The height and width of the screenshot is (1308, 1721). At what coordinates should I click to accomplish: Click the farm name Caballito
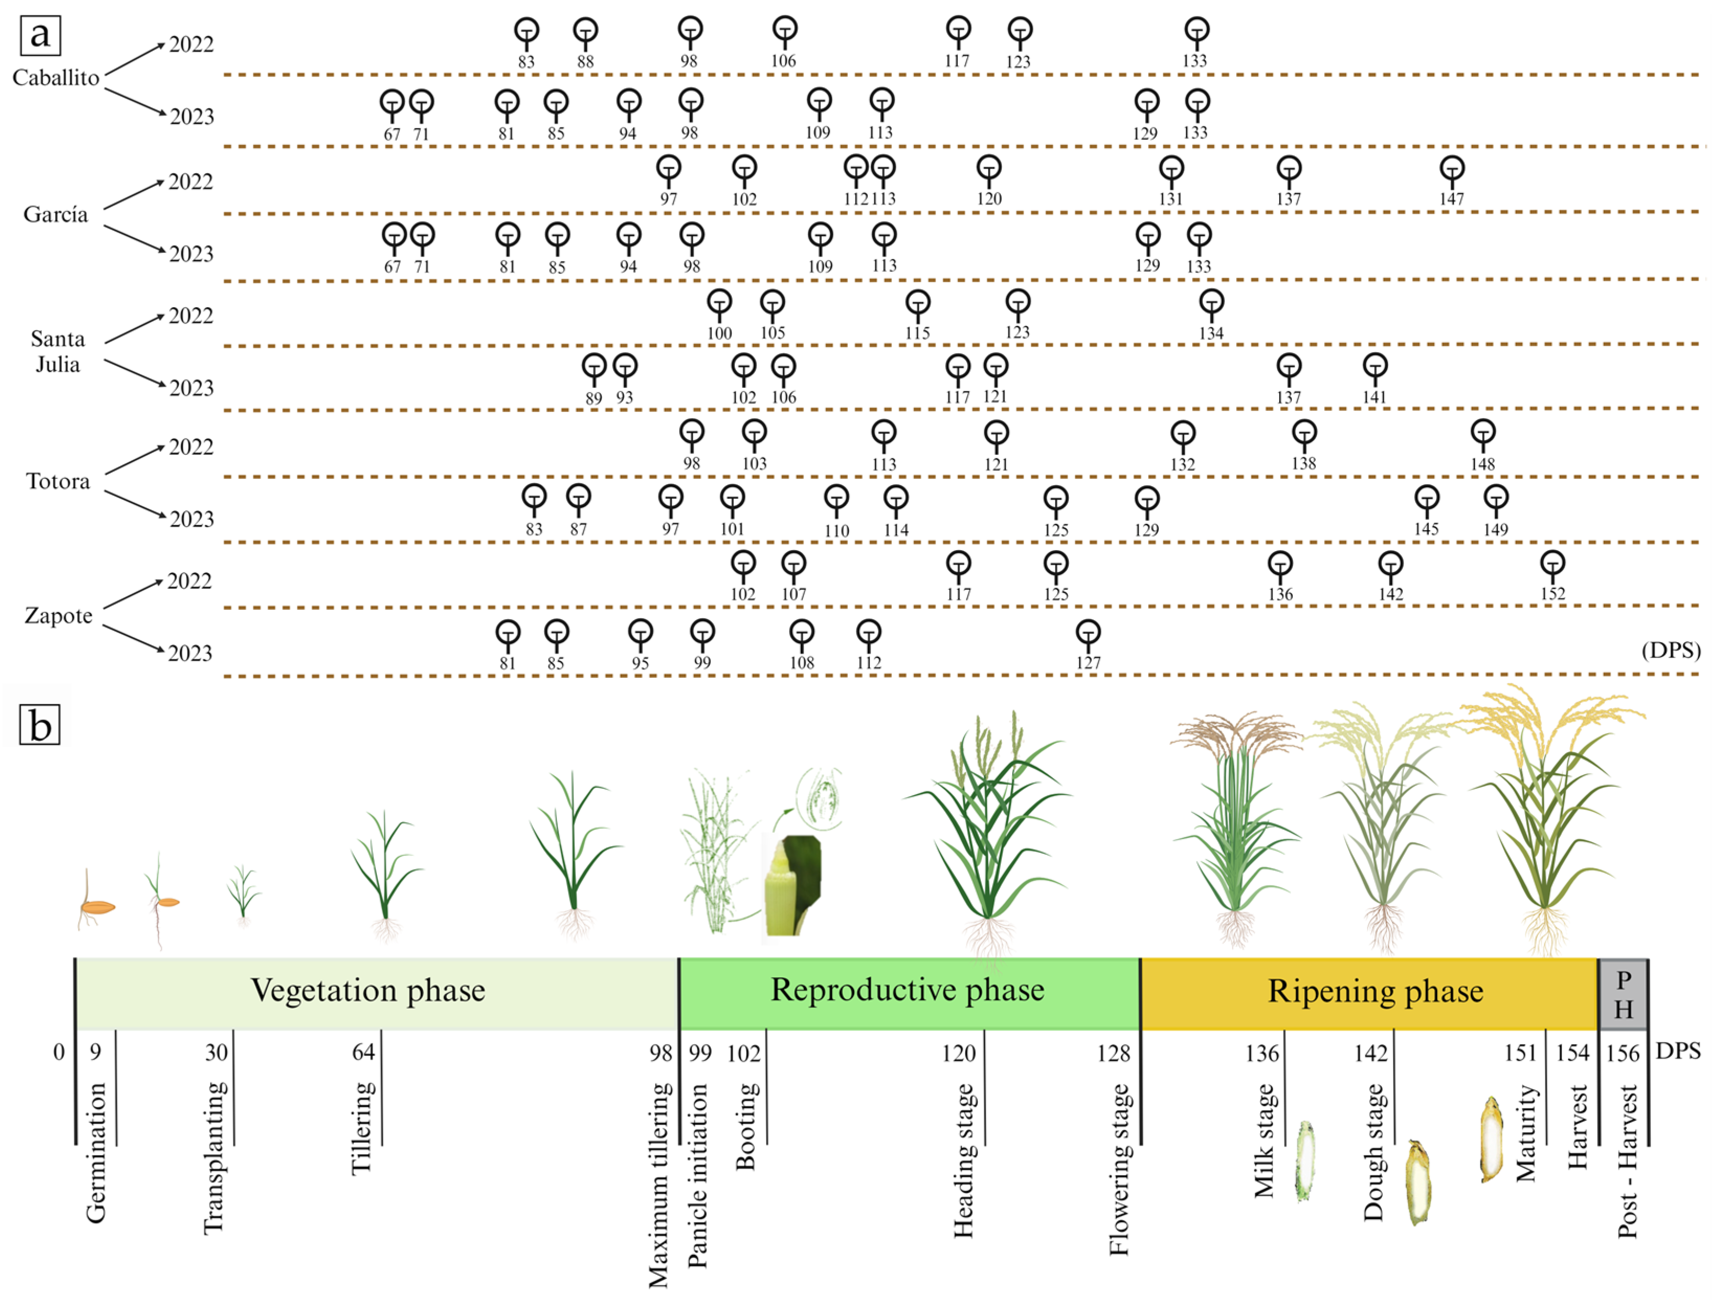[x=56, y=78]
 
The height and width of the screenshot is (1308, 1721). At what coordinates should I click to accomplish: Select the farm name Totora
[x=59, y=481]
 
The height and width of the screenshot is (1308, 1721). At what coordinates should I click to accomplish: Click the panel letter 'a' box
[x=40, y=35]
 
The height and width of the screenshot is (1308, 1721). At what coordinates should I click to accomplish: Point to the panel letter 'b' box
[x=40, y=725]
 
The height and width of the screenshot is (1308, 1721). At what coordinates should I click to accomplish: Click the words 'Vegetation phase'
[x=367, y=990]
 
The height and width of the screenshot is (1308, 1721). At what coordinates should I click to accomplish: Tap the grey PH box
[x=1623, y=994]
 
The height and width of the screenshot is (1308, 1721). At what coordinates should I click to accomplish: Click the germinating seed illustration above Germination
[x=96, y=903]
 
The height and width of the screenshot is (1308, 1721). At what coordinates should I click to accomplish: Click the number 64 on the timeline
[x=363, y=1052]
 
